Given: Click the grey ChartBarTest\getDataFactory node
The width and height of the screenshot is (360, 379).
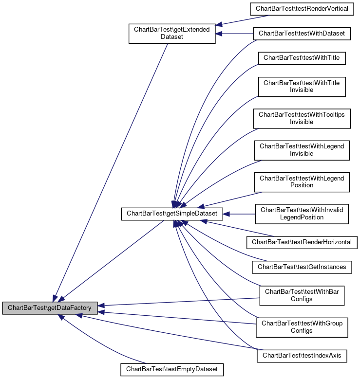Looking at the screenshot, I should point(50,308).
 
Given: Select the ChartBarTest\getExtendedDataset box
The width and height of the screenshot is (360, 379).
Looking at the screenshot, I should point(171,33).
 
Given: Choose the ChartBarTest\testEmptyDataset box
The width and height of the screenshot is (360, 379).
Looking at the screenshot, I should point(172,369).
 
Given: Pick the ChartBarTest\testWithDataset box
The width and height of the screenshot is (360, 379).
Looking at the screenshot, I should point(302,34).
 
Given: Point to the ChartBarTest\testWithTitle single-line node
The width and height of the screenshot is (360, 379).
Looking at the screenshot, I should point(302,57).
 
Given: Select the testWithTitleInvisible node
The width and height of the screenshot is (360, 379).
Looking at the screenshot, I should point(302,87).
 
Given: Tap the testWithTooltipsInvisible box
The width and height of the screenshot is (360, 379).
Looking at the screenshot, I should point(302,118).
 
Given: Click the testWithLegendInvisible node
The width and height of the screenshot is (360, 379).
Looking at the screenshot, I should point(302,150).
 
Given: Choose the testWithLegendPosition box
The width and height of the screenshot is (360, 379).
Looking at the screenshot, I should point(302,181).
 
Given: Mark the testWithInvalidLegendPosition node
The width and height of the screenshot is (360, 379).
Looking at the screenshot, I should point(302,213).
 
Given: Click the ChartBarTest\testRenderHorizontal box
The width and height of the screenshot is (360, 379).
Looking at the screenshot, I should point(302,242).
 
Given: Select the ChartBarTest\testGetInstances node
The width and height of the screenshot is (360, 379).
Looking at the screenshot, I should point(302,267).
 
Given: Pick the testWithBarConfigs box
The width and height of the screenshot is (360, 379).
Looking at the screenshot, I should point(302,295).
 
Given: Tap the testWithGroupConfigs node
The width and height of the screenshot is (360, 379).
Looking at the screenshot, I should point(302,326).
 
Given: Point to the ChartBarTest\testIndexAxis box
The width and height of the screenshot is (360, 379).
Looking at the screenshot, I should point(302,356).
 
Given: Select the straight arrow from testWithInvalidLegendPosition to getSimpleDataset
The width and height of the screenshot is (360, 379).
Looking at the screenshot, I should point(241,213).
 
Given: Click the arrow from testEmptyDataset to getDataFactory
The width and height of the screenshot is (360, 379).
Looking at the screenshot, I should point(102,341).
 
